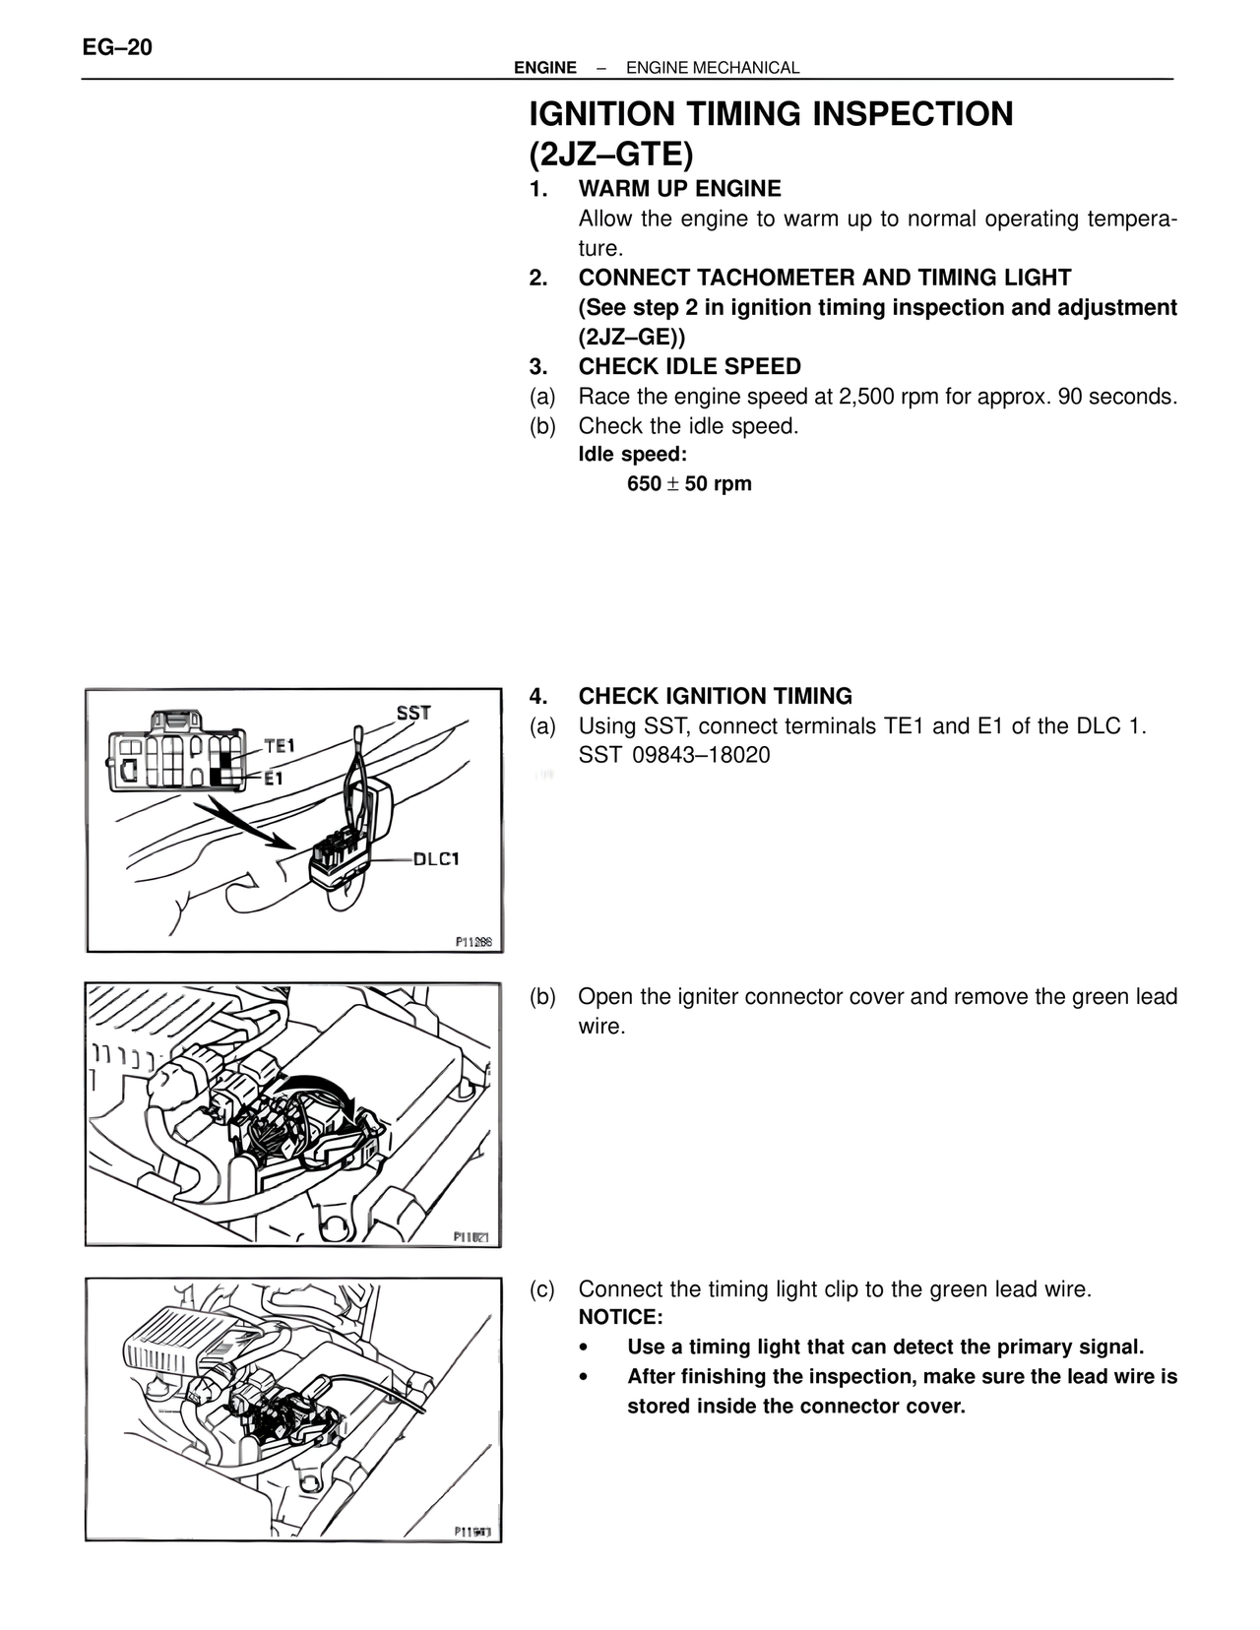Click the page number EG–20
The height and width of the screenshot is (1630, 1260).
[x=118, y=47]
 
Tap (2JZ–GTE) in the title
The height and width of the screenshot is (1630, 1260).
[x=611, y=155]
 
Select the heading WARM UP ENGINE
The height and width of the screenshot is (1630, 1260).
[x=679, y=189]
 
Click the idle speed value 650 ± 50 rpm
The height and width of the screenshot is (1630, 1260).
[x=689, y=484]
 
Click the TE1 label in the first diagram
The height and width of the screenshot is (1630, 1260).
[x=280, y=746]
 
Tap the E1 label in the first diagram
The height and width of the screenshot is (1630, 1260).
[x=273, y=778]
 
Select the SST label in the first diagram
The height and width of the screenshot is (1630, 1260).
[x=413, y=713]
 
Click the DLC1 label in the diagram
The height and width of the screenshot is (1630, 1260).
[x=436, y=858]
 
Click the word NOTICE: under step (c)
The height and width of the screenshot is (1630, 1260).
[x=620, y=1318]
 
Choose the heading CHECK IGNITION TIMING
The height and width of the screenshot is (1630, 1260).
[x=715, y=697]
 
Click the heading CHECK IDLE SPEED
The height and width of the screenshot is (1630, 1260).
[x=689, y=367]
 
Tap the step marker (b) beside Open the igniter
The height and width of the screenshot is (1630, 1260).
[x=542, y=997]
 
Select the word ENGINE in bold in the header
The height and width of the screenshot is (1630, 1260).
[x=545, y=68]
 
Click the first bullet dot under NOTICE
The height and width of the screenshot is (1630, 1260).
[x=585, y=1348]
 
